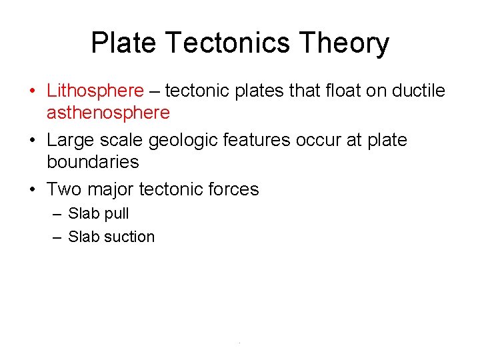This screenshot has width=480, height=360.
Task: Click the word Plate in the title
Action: tap(124, 43)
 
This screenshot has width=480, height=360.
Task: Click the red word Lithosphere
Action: tap(95, 91)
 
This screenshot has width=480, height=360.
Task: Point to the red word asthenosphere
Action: tap(108, 113)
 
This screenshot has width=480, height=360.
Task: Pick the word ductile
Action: tap(420, 91)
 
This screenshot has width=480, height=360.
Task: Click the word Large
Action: tap(70, 140)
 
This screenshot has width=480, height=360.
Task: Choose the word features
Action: tap(257, 140)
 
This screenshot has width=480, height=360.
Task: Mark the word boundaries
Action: tap(93, 162)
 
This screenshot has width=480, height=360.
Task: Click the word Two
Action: tap(63, 189)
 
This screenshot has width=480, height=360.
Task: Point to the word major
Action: tap(110, 190)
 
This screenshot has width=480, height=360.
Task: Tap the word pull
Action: tap(116, 214)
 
